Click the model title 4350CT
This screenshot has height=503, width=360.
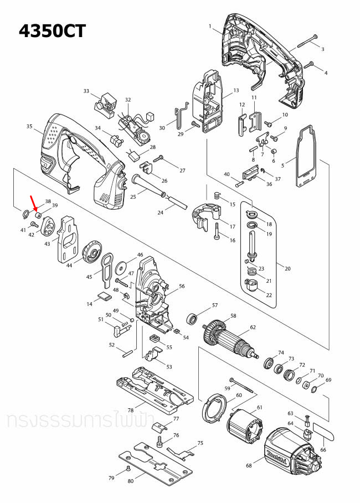53,30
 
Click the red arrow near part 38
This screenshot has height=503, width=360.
33,203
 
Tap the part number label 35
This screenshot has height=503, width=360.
29,127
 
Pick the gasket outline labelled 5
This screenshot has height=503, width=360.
305,158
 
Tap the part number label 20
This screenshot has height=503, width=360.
287,268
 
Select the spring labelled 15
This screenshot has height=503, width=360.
217,195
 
